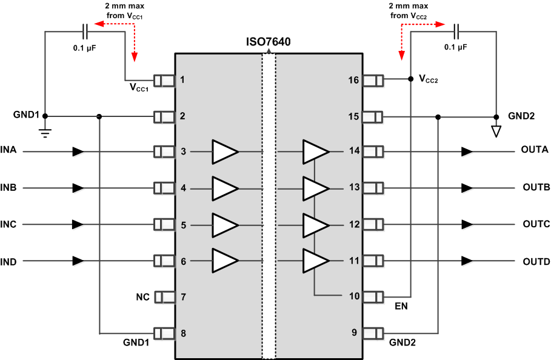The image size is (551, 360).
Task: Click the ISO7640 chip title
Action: click(x=268, y=42)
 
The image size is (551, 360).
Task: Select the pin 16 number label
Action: click(x=353, y=80)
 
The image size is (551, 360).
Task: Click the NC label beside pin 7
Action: click(x=142, y=297)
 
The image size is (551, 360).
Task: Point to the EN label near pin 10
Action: click(x=401, y=307)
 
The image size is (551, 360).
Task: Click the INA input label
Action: click(x=9, y=150)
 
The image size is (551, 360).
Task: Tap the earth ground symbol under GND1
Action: click(x=45, y=132)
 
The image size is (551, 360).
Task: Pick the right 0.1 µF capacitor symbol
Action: click(x=456, y=28)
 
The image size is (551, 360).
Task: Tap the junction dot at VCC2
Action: click(x=411, y=79)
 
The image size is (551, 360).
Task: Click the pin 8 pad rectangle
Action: click(x=164, y=333)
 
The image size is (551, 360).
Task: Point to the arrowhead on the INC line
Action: click(x=78, y=224)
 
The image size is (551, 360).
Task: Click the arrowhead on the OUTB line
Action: click(x=466, y=187)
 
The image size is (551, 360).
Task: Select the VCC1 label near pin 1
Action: click(x=140, y=88)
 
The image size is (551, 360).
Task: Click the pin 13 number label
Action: click(x=353, y=188)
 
